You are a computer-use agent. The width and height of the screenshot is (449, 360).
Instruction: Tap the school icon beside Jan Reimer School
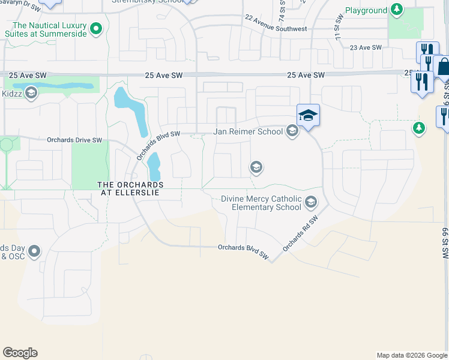pyautogui.click(x=292, y=131)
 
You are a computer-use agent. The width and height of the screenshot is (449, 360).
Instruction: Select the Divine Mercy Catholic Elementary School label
pyautogui.click(x=261, y=203)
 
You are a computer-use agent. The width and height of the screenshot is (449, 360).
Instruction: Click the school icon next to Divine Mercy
pyautogui.click(x=311, y=202)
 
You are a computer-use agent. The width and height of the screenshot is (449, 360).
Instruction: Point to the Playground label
pyautogui.click(x=366, y=11)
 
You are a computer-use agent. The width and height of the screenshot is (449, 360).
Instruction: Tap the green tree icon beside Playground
pyautogui.click(x=396, y=10)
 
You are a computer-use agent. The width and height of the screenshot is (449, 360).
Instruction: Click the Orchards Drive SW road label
pyautogui.click(x=75, y=140)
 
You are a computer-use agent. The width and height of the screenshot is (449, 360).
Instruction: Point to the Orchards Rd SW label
pyautogui.click(x=300, y=234)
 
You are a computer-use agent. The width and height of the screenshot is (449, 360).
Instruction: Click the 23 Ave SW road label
pyautogui.click(x=366, y=47)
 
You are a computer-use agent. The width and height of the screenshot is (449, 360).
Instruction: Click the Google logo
pyautogui.click(x=20, y=353)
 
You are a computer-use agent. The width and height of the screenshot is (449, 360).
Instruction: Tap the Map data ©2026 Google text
pyautogui.click(x=411, y=355)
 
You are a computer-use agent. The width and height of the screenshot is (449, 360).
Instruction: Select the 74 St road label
pyautogui.click(x=281, y=8)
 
